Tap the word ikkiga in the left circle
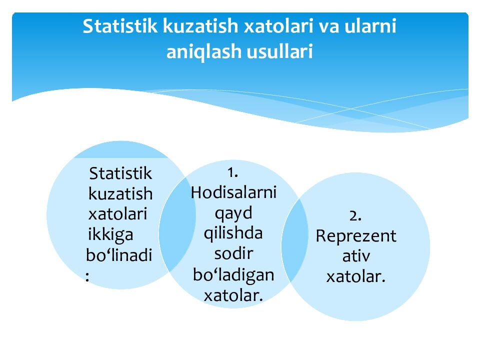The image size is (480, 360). coord(110,234)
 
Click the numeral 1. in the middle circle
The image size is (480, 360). coord(232,172)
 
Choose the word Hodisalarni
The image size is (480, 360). coord(233,192)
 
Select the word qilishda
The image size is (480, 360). coord(233,233)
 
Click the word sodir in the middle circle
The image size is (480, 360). coord(233,253)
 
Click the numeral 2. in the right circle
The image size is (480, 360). coord(355,215)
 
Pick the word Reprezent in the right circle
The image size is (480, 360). coord(356,236)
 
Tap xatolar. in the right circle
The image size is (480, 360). coord(356,276)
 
